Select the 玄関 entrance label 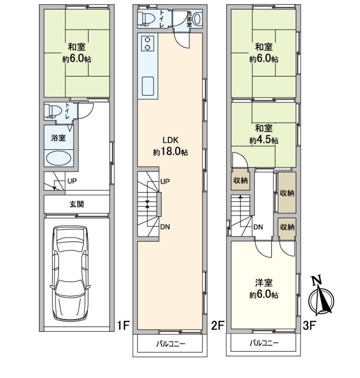76,204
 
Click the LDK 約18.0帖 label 170,146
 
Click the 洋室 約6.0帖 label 264,289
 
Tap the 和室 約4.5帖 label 264,134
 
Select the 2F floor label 218,325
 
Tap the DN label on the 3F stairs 258,227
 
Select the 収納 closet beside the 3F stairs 240,181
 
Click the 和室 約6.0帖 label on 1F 76,53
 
